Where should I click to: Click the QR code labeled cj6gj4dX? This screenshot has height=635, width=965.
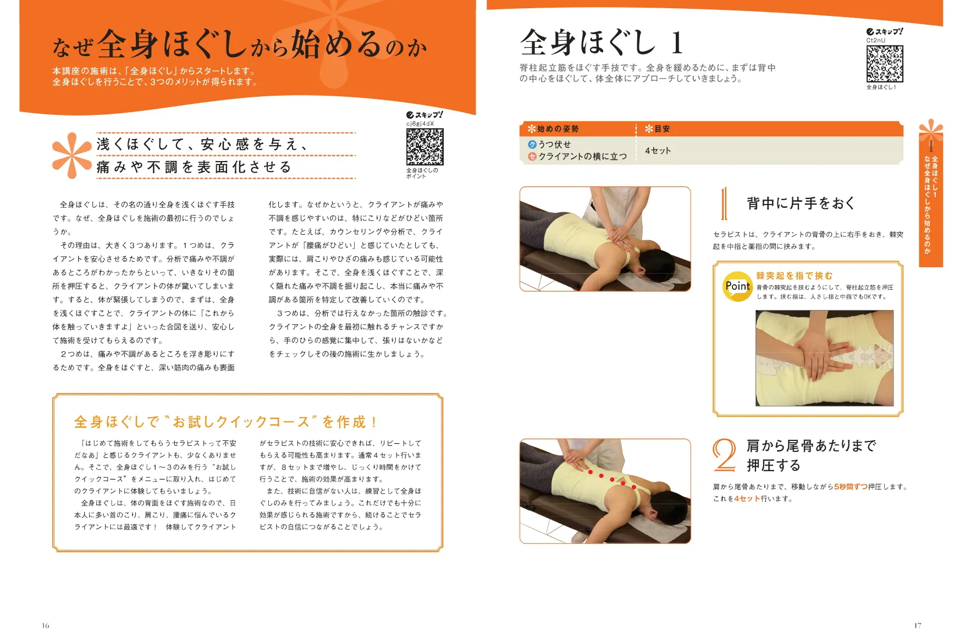tap(424, 147)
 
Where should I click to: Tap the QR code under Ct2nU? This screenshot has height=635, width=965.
tap(884, 64)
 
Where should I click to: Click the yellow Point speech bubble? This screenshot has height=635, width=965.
tap(737, 286)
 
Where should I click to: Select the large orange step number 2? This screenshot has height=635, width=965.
tap(724, 455)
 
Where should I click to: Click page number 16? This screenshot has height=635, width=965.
tap(45, 625)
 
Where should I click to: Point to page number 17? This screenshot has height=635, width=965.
tap(917, 625)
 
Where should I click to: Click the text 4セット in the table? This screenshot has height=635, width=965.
tap(658, 151)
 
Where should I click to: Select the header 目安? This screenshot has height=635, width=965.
tap(661, 129)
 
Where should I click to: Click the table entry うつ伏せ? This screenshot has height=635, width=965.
tap(554, 144)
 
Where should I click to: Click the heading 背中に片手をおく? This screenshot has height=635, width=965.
tap(801, 203)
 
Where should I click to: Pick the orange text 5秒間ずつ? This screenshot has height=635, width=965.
tap(850, 487)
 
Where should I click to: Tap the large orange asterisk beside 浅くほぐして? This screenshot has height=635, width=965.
tap(71, 156)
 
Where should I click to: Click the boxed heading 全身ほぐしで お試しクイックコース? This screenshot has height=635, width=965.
tap(225, 422)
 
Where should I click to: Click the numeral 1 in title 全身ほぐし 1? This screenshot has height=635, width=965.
tap(677, 43)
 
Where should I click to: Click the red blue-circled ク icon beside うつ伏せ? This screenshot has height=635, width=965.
tap(532, 144)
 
